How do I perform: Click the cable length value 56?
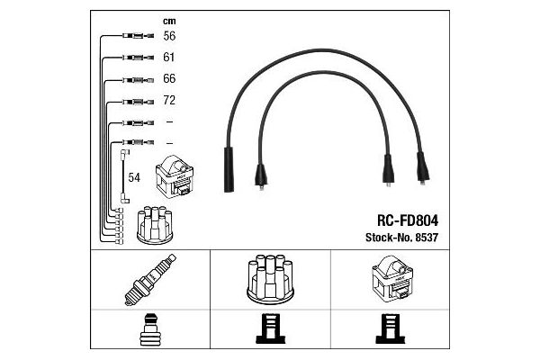click(x=169, y=37)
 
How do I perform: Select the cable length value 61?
click(x=169, y=58)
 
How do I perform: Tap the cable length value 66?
click(x=169, y=78)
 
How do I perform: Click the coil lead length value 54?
click(x=134, y=178)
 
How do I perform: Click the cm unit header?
click(x=168, y=20)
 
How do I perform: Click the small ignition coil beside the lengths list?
click(x=176, y=178)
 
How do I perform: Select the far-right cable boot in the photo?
click(x=421, y=167)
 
